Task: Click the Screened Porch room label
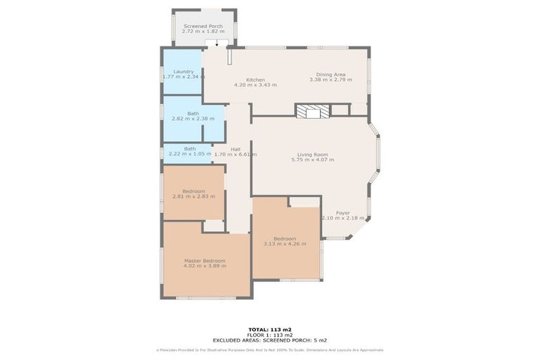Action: coord(203,26)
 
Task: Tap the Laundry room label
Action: coord(184,72)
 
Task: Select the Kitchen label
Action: coord(255,79)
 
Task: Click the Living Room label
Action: coord(313,155)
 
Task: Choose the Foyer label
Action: coord(342,212)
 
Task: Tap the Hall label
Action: coord(236,148)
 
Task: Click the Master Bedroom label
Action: coord(205,260)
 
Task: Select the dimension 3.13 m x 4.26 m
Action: coord(285,244)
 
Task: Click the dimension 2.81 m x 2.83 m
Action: coord(193,196)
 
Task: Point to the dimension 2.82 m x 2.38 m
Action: coord(193,119)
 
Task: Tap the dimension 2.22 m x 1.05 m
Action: coord(190,154)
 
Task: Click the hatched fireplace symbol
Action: coord(311,110)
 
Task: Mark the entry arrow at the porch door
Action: coord(217,44)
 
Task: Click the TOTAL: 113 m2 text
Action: coord(269,329)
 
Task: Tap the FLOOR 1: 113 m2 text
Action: coord(269,334)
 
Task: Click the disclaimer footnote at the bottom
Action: coord(269,349)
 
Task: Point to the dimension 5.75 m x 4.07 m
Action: coord(313,160)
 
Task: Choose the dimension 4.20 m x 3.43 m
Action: coord(255,85)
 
